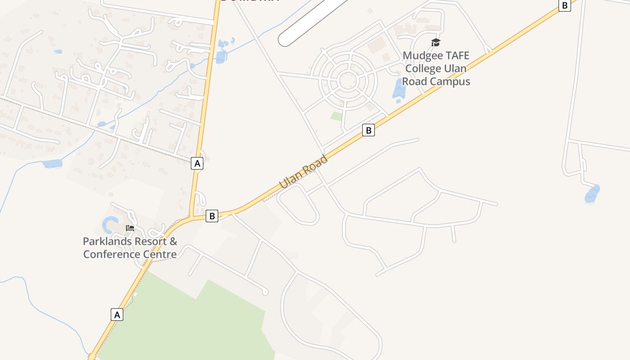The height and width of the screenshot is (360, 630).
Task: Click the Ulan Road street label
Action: pyautogui.click(x=303, y=172)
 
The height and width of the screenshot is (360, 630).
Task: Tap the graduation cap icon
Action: pyautogui.click(x=436, y=43)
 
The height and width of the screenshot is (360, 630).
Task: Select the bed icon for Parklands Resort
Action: pyautogui.click(x=130, y=228)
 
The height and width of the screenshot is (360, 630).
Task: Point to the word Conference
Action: pyautogui.click(x=112, y=254)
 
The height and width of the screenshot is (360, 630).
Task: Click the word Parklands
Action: pyautogui.click(x=108, y=242)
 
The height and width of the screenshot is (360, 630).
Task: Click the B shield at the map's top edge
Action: pyautogui.click(x=564, y=5)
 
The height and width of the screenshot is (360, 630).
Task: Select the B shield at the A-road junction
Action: pyautogui.click(x=211, y=216)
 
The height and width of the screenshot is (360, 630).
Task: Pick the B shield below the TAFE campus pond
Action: pyautogui.click(x=369, y=130)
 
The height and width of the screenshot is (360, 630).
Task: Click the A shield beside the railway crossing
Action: pyautogui.click(x=197, y=163)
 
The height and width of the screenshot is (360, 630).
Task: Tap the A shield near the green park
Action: pyautogui.click(x=117, y=315)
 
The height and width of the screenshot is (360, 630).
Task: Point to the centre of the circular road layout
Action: pyautogui.click(x=348, y=81)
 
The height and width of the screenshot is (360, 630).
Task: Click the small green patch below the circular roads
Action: pyautogui.click(x=337, y=116)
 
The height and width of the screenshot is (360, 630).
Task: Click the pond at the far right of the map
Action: pyautogui.click(x=592, y=194)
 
